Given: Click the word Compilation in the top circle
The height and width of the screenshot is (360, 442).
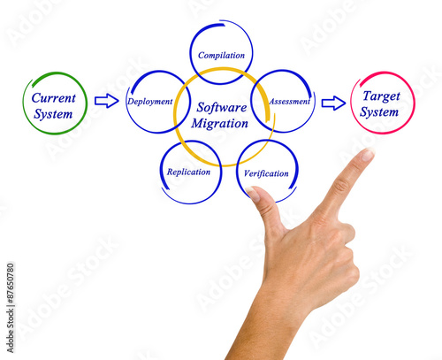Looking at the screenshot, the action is coord(221,56).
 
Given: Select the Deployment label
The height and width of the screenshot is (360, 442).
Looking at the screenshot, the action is coord(149,102).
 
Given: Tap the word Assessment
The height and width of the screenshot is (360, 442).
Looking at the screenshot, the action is coord(290,102).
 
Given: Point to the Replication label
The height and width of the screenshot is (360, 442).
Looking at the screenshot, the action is coord(188,172).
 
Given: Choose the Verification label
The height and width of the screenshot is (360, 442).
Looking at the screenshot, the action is coord(266,173).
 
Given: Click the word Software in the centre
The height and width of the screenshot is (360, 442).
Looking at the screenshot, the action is coord(222,107).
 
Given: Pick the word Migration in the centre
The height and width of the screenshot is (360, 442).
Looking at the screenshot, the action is coord(220,124).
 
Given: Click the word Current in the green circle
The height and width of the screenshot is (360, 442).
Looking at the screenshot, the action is coord(54,98).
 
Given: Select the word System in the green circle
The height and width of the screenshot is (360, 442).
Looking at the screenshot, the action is coord(53,114).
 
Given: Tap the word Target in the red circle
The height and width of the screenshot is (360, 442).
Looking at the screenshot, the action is coord(382,96).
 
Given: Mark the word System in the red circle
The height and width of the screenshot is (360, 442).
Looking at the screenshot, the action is coord(379,112).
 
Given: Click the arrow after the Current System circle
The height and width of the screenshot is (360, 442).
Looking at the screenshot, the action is coord(107,101).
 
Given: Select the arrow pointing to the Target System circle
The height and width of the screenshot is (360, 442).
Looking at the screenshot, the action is coord(333,103).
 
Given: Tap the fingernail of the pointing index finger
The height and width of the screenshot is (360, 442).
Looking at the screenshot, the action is coord(368,155).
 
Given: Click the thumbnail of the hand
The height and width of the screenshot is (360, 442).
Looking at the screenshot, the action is coord(253,194).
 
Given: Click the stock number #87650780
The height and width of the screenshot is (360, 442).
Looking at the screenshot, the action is coord(11,284).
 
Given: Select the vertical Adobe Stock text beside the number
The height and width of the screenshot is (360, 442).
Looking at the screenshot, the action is coord(11,330).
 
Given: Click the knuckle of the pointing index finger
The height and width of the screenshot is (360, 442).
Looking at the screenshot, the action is coord(342,187).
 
